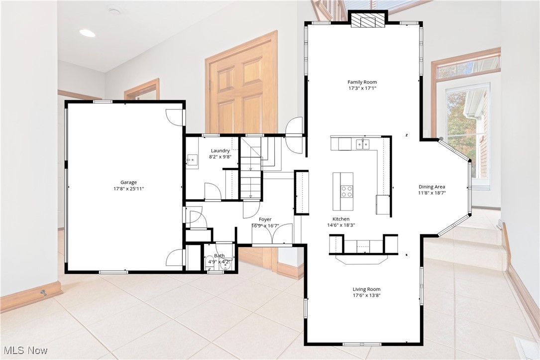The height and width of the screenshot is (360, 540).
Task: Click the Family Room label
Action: pos(362,82)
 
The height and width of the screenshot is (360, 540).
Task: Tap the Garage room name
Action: pos(128,182)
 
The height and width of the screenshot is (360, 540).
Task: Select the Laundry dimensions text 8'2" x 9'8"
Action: pos(220,157)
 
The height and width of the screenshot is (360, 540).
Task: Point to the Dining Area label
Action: pos(432,187)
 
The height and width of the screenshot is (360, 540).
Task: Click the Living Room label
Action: pos(366,289)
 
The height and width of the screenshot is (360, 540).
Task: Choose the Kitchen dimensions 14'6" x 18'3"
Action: pos(341,225)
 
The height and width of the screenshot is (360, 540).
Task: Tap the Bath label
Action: pos(219,256)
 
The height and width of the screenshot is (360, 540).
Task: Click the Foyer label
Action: pos(265,219)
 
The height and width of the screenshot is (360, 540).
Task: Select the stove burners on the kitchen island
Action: pos(346,191)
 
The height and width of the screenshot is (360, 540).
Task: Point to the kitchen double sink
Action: pos(363,144)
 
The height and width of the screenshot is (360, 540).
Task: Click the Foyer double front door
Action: pos(271,236)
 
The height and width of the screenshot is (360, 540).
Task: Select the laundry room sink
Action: pos(192,161)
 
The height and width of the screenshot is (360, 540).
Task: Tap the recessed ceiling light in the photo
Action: pos(87,33)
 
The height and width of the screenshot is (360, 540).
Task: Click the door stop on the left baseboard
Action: pos(44,293)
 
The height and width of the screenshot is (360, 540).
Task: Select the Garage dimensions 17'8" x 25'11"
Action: pos(128,189)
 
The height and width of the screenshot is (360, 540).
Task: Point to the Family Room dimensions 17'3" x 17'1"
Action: pos(362,89)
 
